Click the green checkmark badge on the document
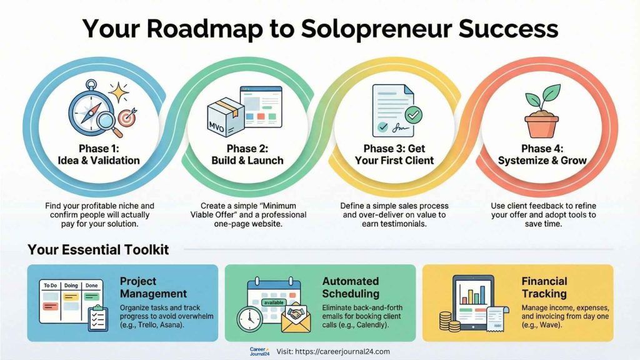[x=413, y=115]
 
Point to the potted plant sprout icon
[x=541, y=112]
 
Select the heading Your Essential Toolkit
[x=98, y=250]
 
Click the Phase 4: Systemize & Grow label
[x=542, y=154]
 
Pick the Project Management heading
[x=153, y=287]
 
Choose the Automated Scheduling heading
[x=351, y=287]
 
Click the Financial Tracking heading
[x=544, y=287]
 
